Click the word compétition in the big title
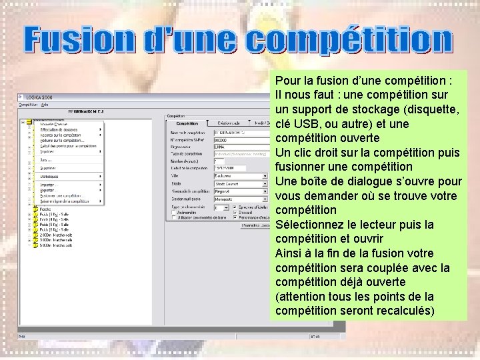pyautogui.click(x=349, y=41)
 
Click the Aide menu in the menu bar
pyautogui.click(x=45, y=104)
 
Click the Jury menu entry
pyautogui.click(x=45, y=160)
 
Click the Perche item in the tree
pyautogui.click(x=45, y=209)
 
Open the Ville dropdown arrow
pyautogui.click(x=266, y=175)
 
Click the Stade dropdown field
pyautogui.click(x=237, y=183)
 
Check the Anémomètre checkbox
pyautogui.click(x=175, y=213)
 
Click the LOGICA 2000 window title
pyautogui.click(x=39, y=97)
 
